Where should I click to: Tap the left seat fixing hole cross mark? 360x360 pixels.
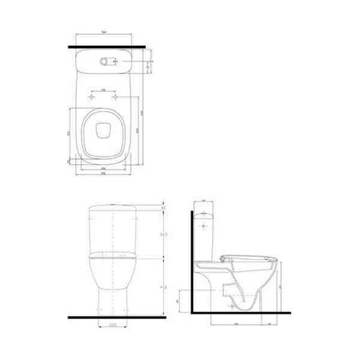(x=93, y=99)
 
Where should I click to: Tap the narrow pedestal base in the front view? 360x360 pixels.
(x=112, y=304)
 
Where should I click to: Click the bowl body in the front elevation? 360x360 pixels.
(x=112, y=273)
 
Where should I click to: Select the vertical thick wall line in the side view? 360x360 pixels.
(x=189, y=258)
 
